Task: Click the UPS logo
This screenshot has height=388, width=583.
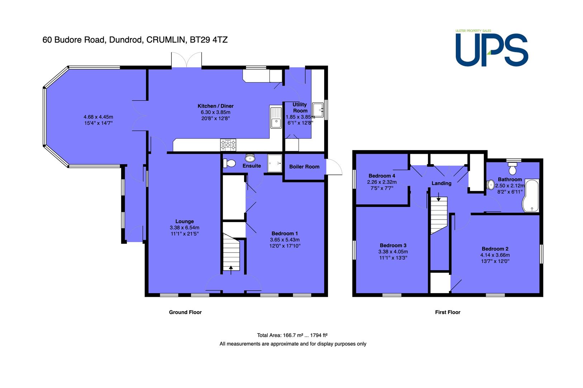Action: click(x=492, y=48)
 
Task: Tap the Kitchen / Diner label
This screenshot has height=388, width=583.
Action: click(x=215, y=106)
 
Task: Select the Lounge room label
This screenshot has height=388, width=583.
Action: click(x=185, y=221)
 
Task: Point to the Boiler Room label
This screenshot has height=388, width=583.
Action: click(x=304, y=167)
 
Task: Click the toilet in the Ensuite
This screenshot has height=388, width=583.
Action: click(x=229, y=163)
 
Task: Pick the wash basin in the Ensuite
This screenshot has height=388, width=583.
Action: click(x=250, y=158)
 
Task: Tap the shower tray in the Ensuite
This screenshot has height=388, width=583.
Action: click(x=275, y=163)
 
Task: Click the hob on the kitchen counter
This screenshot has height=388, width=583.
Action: click(x=228, y=145)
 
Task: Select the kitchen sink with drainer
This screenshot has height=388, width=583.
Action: click(x=276, y=118)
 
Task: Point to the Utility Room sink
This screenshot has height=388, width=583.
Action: click(x=318, y=110)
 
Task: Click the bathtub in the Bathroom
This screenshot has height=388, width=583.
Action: click(x=531, y=195)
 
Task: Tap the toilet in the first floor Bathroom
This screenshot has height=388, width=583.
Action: click(x=512, y=168)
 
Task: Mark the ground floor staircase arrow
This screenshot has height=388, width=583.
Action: click(x=231, y=270)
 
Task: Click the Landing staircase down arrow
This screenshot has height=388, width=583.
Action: click(x=439, y=197)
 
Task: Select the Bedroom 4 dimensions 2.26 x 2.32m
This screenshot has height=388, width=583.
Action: click(x=382, y=182)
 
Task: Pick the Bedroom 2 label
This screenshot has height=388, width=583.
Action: click(x=495, y=249)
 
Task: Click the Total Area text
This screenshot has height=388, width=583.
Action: click(x=292, y=335)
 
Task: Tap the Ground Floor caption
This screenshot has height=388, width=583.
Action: click(x=185, y=312)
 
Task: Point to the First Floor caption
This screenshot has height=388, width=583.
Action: click(x=448, y=312)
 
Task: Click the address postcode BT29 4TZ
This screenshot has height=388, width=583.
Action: click(x=209, y=40)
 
